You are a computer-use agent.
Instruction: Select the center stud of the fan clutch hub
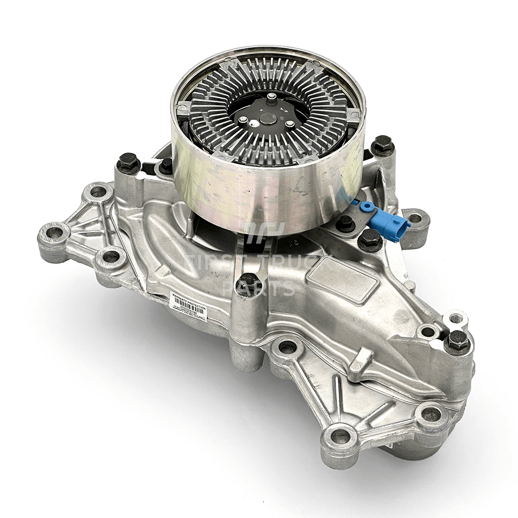point(271,99)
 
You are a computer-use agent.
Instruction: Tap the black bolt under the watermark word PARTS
point(249,283)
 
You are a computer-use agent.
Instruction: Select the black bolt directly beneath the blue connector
point(370,239)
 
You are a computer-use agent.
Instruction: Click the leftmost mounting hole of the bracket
point(54,233)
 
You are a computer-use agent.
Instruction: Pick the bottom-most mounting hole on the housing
point(340,437)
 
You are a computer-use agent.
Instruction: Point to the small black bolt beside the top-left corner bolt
point(166,165)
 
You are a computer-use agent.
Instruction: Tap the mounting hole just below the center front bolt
point(288,348)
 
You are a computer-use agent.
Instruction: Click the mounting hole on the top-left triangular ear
point(98,192)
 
